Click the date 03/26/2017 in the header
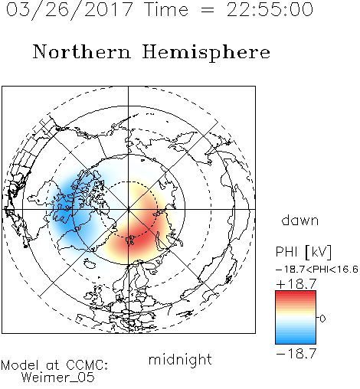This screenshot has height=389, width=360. (x=70, y=10)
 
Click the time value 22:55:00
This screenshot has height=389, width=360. (x=270, y=9)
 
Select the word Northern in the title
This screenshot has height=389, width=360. (x=82, y=51)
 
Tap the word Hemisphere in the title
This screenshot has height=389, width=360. (x=206, y=53)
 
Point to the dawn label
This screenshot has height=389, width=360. (x=300, y=220)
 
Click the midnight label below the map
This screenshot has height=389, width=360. (x=180, y=359)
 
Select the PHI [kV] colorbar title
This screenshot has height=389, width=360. (x=303, y=252)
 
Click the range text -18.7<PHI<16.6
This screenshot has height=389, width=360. (x=317, y=270)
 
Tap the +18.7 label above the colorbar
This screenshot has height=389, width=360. (x=296, y=284)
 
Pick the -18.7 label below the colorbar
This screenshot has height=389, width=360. (x=296, y=354)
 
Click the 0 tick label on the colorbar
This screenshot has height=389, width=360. (x=322, y=319)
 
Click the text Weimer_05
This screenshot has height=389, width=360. (x=58, y=377)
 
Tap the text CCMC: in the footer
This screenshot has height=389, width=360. (x=87, y=365)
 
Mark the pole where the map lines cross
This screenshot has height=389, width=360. (x=128, y=209)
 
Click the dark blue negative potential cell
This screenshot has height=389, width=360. (x=65, y=207)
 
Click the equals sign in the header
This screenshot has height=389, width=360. (x=208, y=10)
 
